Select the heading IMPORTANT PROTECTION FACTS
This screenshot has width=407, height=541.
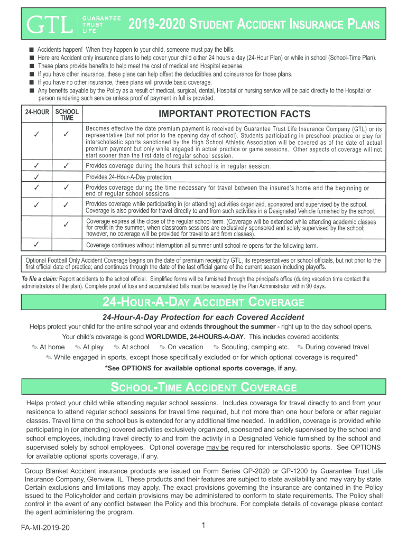pos(235,115)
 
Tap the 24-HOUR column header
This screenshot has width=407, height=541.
pos(37,112)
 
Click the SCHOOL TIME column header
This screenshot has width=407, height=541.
pos(67,115)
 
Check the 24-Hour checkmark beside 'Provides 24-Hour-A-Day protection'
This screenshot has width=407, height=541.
pos(37,176)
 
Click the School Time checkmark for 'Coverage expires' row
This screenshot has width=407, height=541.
pos(67,225)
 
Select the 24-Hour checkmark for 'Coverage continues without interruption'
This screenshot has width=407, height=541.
pos(37,245)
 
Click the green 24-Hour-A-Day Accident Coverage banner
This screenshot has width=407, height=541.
pos(203,302)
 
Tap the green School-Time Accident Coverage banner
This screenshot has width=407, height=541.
pos(203,387)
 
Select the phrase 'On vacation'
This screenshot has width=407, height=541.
pos(185,347)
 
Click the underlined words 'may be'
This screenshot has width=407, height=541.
pos(217,447)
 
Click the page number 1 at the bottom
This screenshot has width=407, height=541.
pos(203,525)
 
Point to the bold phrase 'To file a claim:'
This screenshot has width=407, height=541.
pos(40,278)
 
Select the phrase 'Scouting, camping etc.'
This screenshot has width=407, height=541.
pos(255,347)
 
